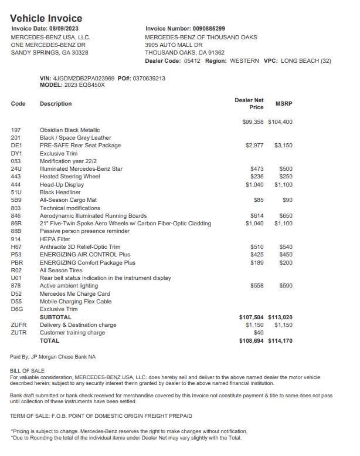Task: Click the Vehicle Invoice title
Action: click(x=46, y=18)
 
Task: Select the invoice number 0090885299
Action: click(x=209, y=28)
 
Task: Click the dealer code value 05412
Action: click(x=192, y=60)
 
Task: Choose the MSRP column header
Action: click(x=284, y=104)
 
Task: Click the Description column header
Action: click(x=56, y=104)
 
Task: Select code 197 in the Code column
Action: click(x=16, y=130)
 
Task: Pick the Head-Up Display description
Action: click(x=62, y=185)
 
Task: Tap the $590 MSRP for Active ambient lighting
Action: click(x=286, y=286)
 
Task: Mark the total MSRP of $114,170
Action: click(x=280, y=340)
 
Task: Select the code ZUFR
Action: click(x=18, y=325)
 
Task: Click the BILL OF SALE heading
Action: click(x=27, y=370)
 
